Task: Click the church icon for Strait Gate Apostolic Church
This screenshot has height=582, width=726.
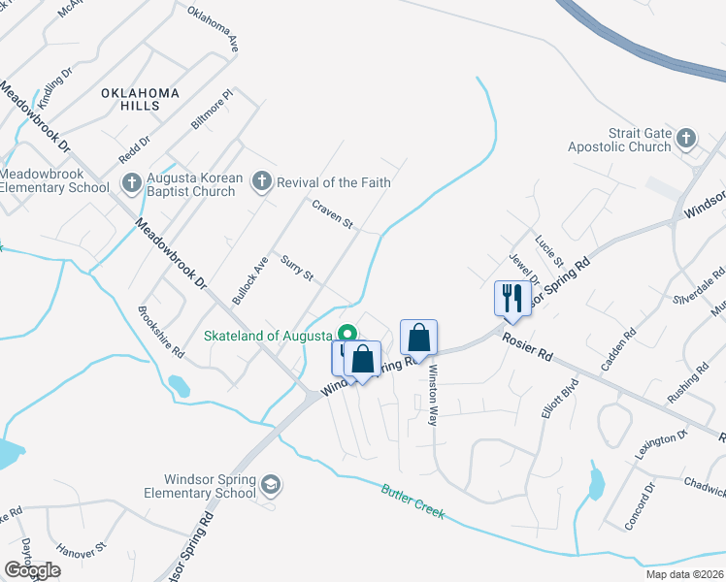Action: [x=686, y=137]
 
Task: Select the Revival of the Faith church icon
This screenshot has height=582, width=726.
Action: [x=259, y=181]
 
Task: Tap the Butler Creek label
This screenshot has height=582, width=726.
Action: [x=412, y=501]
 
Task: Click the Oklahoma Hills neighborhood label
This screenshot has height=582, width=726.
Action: [x=141, y=99]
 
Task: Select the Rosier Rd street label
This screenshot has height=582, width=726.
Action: [x=527, y=344]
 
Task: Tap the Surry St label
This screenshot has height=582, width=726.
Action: [x=297, y=270]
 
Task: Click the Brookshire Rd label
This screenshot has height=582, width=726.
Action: [x=161, y=332]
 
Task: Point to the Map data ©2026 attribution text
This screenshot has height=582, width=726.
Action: [x=684, y=574]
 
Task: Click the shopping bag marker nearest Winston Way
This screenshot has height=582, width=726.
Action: [x=418, y=339]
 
